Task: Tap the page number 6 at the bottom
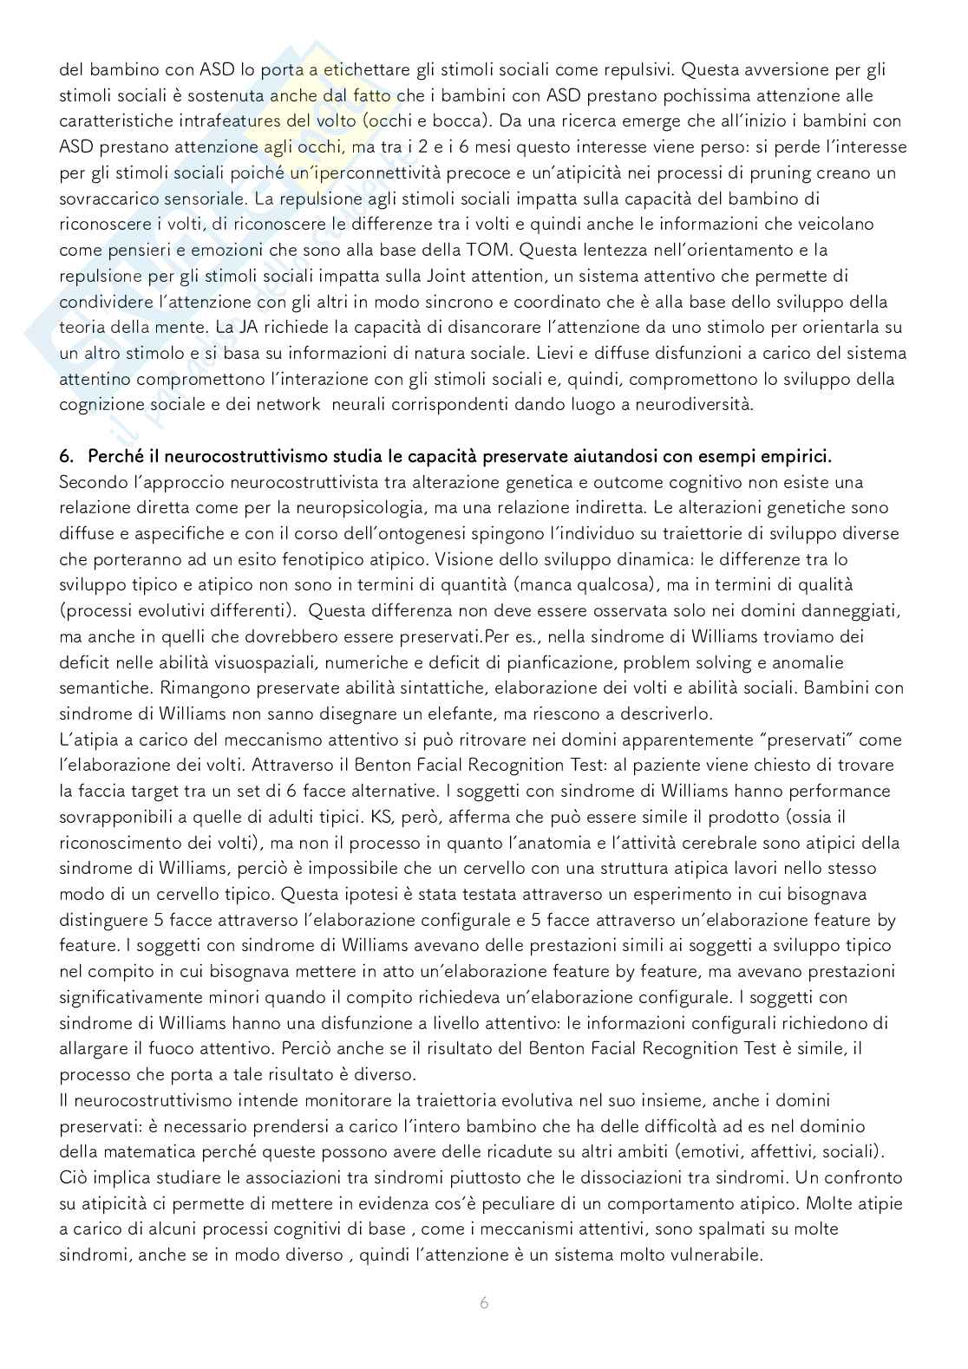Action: pyautogui.click(x=484, y=1303)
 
